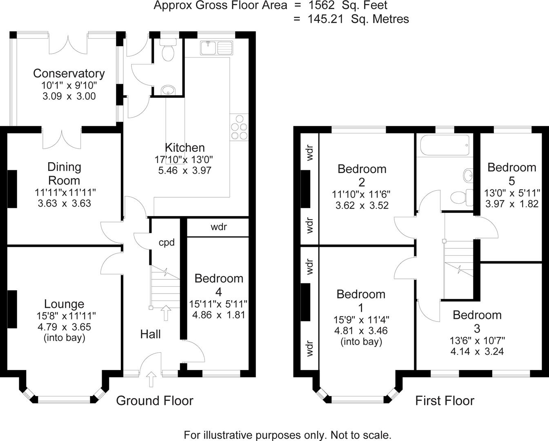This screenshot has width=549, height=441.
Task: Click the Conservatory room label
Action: click(x=69, y=73)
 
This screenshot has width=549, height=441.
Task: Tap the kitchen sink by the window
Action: click(x=216, y=48)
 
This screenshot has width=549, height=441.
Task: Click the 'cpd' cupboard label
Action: click(x=167, y=243)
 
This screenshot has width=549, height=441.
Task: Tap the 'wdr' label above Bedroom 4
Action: click(x=218, y=227)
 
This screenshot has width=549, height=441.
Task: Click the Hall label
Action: click(x=150, y=334)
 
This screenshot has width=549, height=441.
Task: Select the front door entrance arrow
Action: click(x=151, y=379)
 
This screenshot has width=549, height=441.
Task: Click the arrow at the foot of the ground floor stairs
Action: click(x=166, y=313)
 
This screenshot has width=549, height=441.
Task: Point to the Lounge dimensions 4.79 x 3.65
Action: click(x=64, y=327)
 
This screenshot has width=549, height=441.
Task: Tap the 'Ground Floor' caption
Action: click(x=154, y=401)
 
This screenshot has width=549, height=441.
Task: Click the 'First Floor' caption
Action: click(x=445, y=401)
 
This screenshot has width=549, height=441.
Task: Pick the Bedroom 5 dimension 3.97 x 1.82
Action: click(x=512, y=204)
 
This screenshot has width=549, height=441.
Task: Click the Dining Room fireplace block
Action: click(x=12, y=189)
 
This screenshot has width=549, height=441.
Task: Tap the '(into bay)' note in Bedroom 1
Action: click(x=361, y=342)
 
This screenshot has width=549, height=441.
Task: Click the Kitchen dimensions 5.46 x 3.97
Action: click(x=184, y=171)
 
